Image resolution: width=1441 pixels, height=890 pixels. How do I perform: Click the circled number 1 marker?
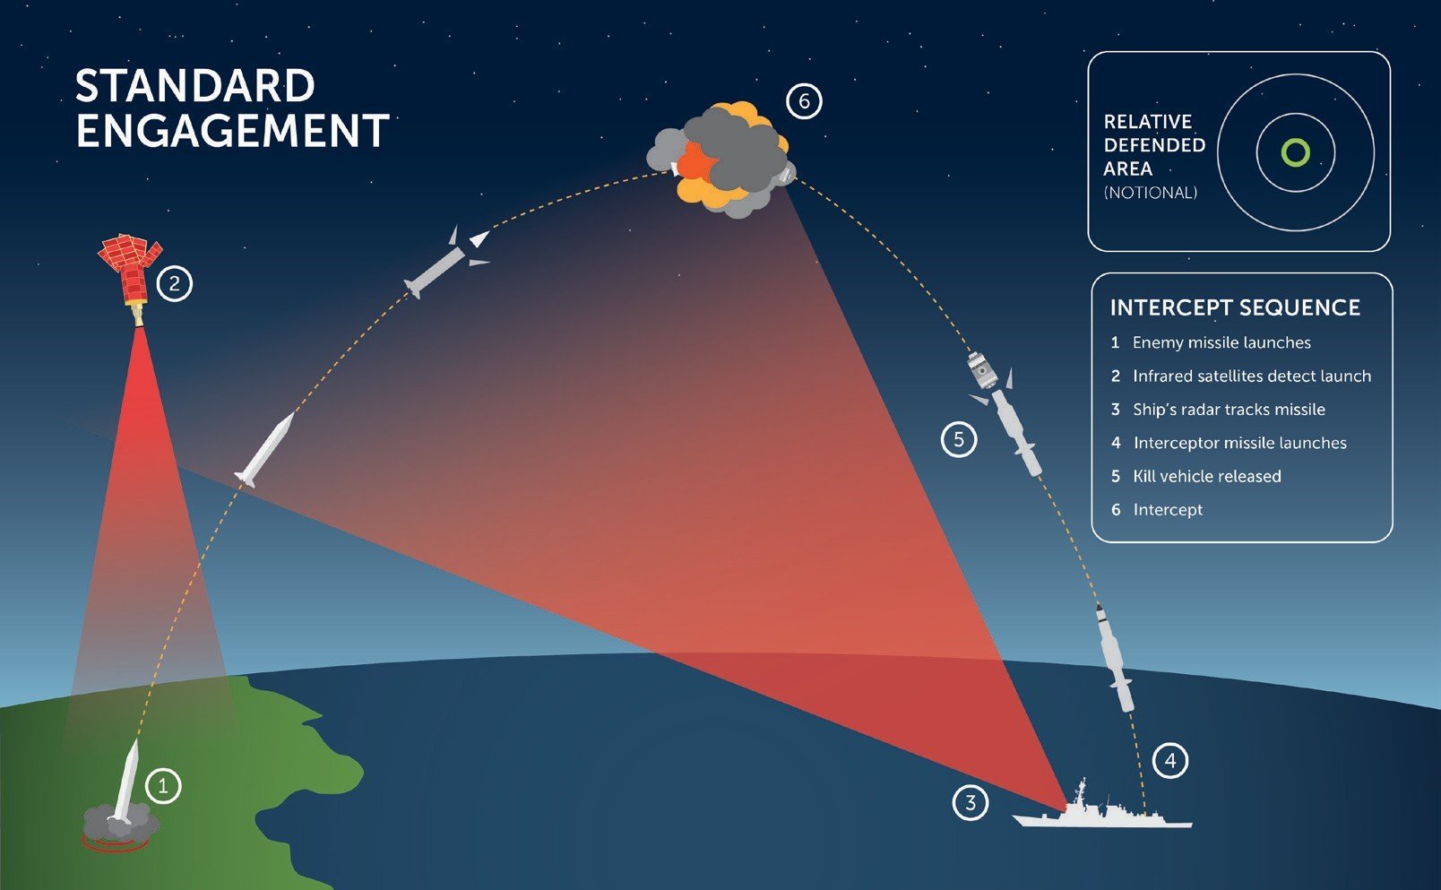163,786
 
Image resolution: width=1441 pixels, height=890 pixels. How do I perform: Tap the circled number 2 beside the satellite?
175,283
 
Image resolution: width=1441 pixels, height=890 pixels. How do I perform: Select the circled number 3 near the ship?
971,802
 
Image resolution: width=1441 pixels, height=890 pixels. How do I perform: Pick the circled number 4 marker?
1170,761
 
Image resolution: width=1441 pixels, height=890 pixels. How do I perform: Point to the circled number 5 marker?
959,439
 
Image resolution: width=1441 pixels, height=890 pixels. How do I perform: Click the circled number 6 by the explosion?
804,101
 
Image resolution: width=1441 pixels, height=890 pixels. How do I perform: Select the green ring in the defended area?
1296,152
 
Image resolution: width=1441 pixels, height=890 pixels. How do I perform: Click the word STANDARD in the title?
195,85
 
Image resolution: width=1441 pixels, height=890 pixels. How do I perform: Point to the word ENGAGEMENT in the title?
232,131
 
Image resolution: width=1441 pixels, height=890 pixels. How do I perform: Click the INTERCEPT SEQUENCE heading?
1235,307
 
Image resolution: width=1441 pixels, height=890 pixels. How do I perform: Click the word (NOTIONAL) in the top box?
1151,193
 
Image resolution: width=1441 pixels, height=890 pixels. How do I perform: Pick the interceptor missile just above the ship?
1114,658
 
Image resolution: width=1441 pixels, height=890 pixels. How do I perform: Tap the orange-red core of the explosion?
697,162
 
